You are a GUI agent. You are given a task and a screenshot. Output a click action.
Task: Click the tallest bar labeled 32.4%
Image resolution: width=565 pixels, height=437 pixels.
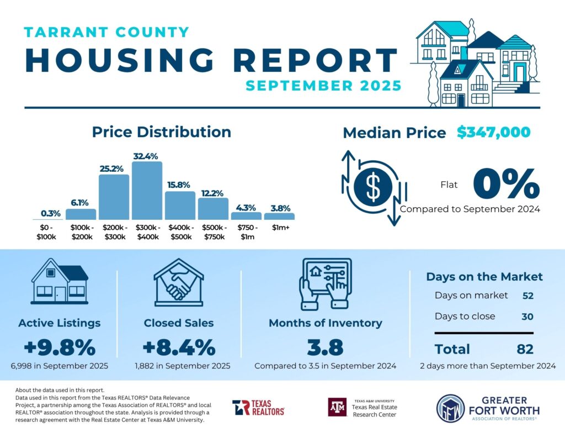(x=147, y=191)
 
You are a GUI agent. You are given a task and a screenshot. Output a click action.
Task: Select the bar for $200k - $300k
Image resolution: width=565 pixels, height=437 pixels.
(x=114, y=197)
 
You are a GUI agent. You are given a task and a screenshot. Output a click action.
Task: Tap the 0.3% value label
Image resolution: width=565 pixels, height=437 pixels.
(x=50, y=213)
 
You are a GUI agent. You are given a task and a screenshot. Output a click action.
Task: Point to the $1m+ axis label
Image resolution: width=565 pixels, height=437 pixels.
(x=279, y=228)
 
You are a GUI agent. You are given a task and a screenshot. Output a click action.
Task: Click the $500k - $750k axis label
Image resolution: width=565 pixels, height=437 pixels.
(x=213, y=232)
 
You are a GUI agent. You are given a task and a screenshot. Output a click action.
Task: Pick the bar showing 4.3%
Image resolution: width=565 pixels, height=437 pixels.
(x=246, y=216)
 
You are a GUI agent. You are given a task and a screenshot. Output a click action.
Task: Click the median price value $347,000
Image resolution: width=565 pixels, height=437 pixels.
(x=494, y=133)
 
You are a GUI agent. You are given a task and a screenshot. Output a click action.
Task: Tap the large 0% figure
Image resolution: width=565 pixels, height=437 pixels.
(x=506, y=184)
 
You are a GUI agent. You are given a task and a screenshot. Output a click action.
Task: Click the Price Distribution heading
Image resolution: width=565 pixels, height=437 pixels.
(x=161, y=132)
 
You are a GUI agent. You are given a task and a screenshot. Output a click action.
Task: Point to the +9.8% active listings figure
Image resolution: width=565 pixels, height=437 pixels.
(x=60, y=348)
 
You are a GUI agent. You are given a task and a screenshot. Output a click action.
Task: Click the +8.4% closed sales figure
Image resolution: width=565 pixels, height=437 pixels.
(x=178, y=348)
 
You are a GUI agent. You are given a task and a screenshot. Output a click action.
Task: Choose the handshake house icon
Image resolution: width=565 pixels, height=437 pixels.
(x=178, y=282)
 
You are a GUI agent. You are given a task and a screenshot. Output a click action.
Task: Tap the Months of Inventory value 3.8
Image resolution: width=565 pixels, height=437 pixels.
(x=325, y=348)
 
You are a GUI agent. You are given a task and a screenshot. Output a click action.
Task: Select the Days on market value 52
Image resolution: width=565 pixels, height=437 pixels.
(x=528, y=296)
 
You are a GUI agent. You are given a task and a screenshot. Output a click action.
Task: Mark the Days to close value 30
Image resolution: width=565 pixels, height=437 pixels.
(x=528, y=317)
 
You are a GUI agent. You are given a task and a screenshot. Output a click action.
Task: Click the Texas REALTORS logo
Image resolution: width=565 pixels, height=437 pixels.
(x=258, y=408)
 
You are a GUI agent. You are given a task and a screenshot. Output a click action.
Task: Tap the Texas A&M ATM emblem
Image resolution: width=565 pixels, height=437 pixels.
(x=337, y=407)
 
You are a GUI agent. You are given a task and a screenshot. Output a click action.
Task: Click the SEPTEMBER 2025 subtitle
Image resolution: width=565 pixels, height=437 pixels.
(x=323, y=86)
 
